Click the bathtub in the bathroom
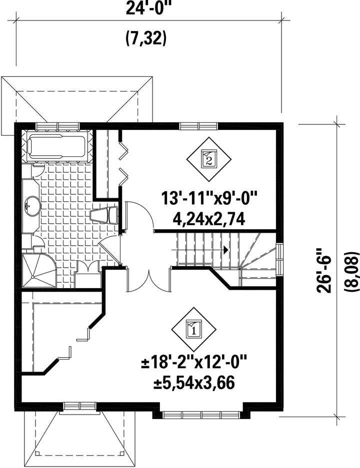point(56,147)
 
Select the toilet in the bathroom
point(104,215)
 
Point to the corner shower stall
point(39,270)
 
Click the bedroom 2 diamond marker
point(209,159)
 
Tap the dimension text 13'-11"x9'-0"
point(209,198)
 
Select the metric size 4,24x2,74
point(209,220)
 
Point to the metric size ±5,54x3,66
point(194,383)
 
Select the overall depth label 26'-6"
point(324,270)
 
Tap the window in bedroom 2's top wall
point(199,126)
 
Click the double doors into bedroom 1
point(149,280)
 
